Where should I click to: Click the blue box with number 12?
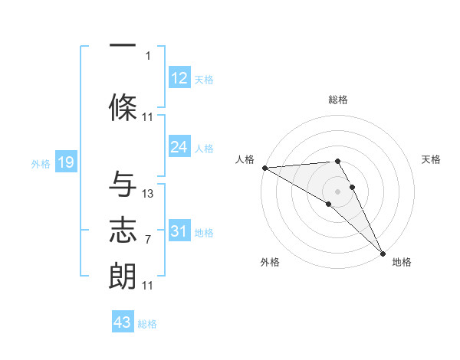pyautogui.click(x=179, y=78)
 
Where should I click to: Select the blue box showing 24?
pyautogui.click(x=179, y=147)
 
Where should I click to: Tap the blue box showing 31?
pyautogui.click(x=179, y=231)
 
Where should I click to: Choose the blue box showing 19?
pyautogui.click(x=65, y=162)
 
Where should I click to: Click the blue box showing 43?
pyautogui.click(x=123, y=322)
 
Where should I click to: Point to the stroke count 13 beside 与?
pyautogui.click(x=148, y=194)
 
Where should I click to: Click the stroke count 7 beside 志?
pyautogui.click(x=147, y=240)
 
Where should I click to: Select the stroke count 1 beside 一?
pyautogui.click(x=148, y=55)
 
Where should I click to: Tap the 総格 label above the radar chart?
pyautogui.click(x=338, y=100)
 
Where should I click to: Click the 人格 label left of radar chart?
pyautogui.click(x=245, y=159)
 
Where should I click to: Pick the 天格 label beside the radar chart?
pyautogui.click(x=432, y=159)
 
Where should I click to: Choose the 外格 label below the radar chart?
pyautogui.click(x=269, y=262)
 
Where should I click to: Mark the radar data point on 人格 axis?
pyautogui.click(x=264, y=167)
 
